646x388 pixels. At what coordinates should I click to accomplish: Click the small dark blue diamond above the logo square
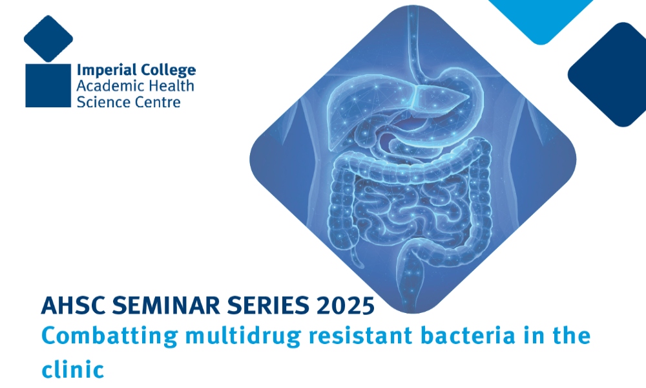[48, 38]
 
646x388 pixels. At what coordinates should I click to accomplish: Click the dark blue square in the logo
[48, 85]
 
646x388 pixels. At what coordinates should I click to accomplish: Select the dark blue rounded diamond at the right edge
[610, 74]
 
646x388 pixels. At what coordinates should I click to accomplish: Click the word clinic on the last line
[72, 369]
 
